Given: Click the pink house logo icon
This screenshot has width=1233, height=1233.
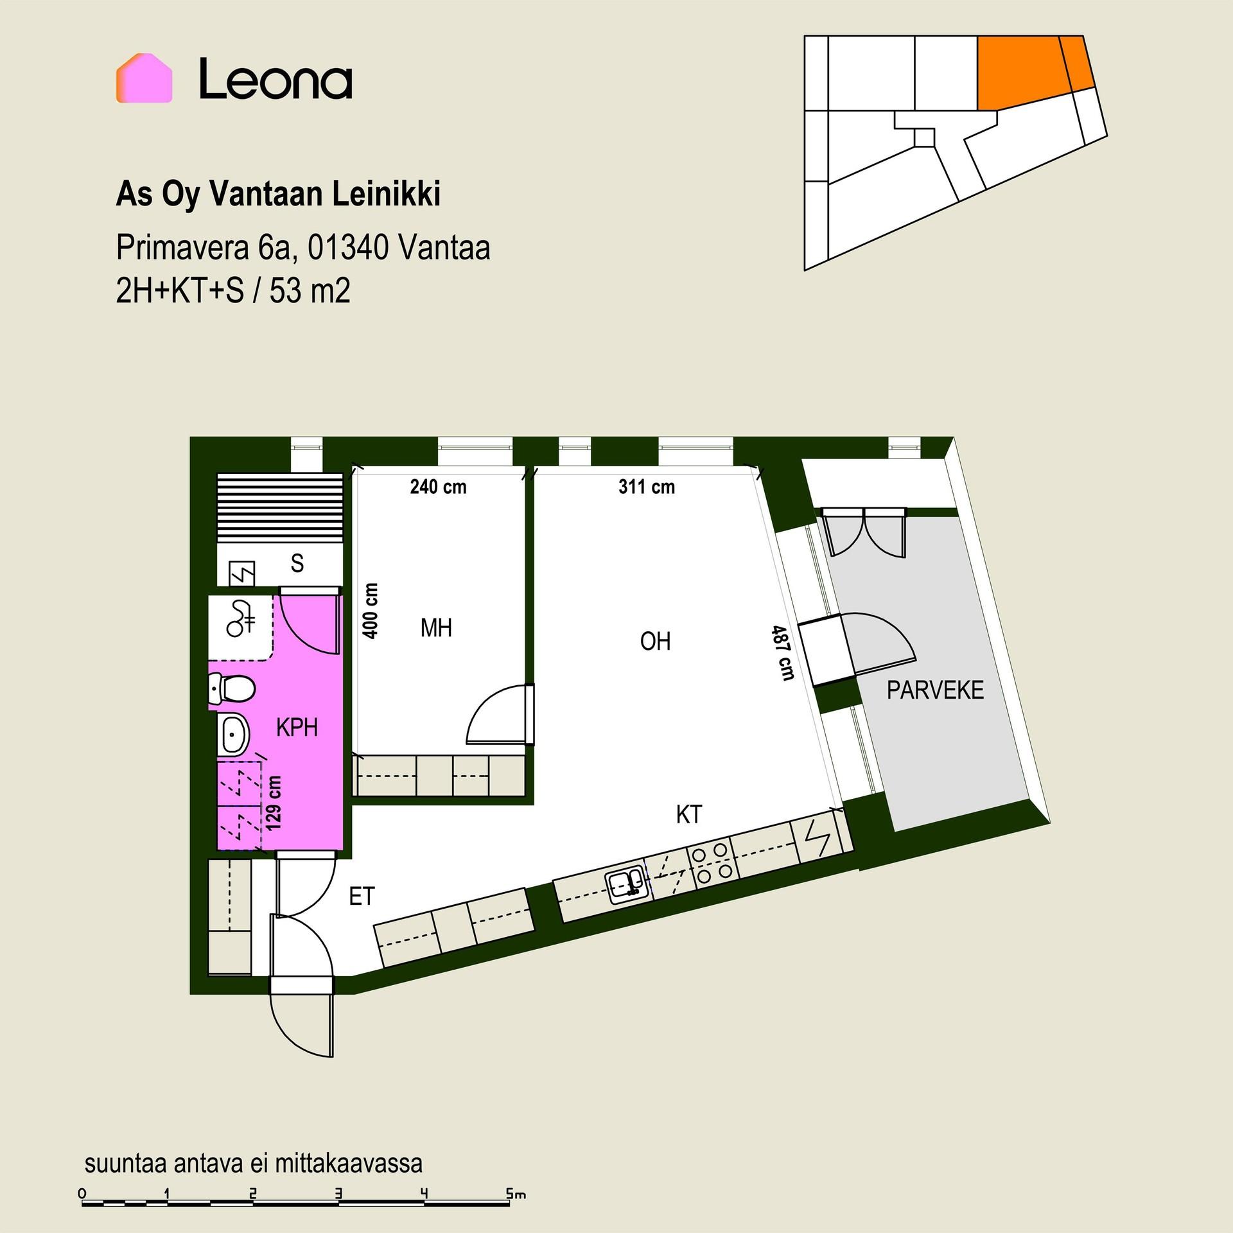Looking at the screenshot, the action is click(x=144, y=78).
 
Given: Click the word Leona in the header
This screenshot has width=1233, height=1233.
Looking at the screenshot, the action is click(x=275, y=79).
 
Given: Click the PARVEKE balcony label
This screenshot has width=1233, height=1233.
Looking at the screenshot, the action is click(x=935, y=690).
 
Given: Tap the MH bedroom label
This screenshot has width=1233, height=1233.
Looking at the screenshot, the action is click(x=436, y=628).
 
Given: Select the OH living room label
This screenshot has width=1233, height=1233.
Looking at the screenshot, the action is click(x=656, y=641).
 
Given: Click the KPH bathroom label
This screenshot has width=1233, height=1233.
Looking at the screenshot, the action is click(x=297, y=728).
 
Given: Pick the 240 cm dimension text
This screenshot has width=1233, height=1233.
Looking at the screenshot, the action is click(x=438, y=487).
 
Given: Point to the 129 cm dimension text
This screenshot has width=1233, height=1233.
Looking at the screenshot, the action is click(x=274, y=803).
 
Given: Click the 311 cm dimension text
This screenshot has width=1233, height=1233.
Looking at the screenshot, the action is click(x=647, y=487).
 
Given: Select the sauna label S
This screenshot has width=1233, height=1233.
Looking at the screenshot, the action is click(x=297, y=563).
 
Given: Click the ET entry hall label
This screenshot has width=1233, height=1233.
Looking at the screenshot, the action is click(x=362, y=896).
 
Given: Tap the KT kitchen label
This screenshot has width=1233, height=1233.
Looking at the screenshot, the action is click(x=689, y=814).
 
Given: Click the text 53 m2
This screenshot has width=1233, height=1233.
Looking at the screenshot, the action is click(x=310, y=292).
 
